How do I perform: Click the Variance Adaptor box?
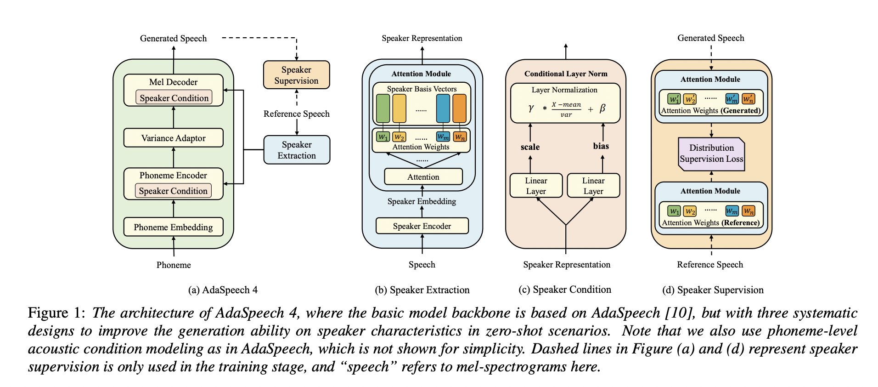click(173, 138)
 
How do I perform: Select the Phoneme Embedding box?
click(173, 227)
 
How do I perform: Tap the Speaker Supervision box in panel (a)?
click(296, 75)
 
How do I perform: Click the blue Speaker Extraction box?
click(297, 150)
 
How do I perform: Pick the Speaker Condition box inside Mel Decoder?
click(174, 98)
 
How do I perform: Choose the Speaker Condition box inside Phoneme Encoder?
click(173, 191)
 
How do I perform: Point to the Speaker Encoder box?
click(422, 226)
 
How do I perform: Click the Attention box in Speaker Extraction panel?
click(423, 177)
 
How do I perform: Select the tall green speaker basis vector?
click(383, 108)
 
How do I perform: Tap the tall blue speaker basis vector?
click(443, 108)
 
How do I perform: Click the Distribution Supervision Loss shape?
click(711, 154)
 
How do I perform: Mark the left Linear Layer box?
click(536, 186)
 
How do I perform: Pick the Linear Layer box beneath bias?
click(593, 186)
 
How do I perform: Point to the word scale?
click(530, 147)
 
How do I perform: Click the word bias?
click(601, 146)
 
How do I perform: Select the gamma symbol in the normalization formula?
click(531, 108)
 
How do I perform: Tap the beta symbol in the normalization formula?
click(602, 108)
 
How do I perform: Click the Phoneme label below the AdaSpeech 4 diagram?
click(174, 265)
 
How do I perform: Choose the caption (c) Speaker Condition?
click(565, 290)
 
